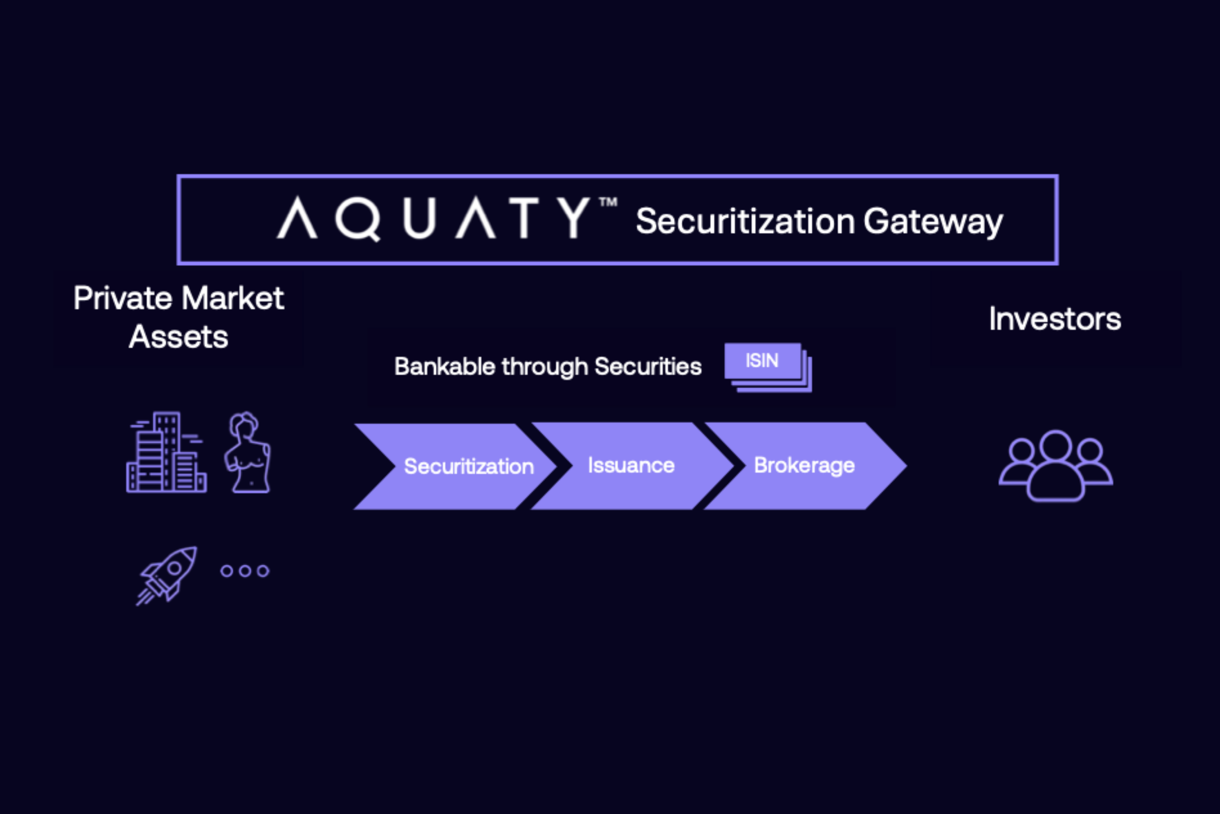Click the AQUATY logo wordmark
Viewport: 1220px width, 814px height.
[x=434, y=218]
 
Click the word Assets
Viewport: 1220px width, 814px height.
[x=179, y=338]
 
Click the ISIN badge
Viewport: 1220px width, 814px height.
[x=762, y=361]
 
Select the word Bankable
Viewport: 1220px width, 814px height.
[x=445, y=367]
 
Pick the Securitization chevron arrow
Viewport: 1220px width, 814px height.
[x=457, y=466]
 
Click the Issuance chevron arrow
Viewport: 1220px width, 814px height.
[x=631, y=466]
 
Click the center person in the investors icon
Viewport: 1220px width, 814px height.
[x=1056, y=467]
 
